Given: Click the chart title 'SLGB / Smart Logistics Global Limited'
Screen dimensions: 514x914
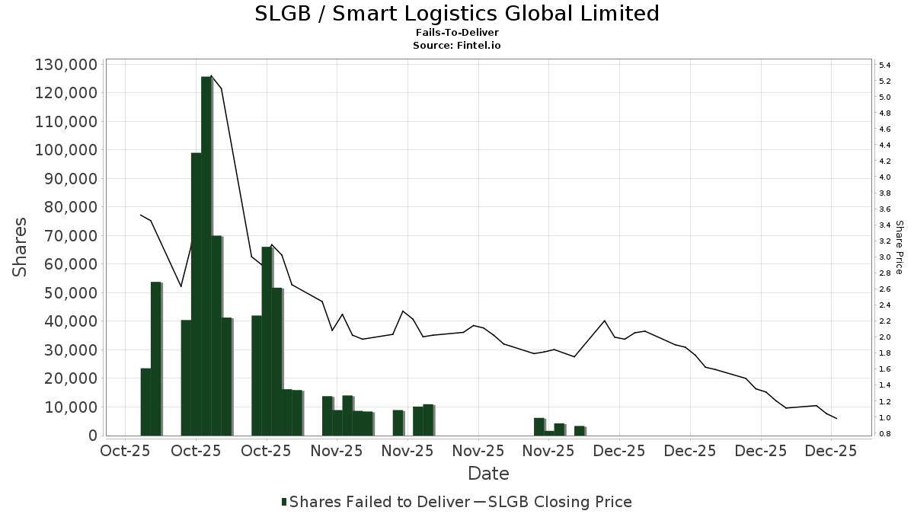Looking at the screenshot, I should (457, 14).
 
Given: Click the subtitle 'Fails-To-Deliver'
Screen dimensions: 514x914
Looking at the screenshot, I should (457, 33).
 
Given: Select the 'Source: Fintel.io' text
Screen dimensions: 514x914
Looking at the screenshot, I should (457, 45).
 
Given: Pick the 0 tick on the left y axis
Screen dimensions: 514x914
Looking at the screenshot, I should (91, 436).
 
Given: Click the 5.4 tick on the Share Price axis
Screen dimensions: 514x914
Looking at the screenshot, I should (885, 65).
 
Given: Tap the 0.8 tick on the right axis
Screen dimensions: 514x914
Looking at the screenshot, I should (885, 434).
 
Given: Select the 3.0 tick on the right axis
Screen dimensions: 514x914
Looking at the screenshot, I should (885, 257).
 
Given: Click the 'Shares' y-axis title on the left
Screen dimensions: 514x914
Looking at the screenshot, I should (21, 247).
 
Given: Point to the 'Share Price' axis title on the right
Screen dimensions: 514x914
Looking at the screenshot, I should (899, 247).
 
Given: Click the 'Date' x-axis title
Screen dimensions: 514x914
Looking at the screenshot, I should (488, 474).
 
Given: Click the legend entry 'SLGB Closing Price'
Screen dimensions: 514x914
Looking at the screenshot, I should (560, 502).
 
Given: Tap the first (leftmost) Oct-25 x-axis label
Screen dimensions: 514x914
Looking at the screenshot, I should (126, 451).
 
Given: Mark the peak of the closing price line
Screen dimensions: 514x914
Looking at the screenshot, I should (211, 75).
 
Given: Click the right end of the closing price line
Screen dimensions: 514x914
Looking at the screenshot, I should (837, 419).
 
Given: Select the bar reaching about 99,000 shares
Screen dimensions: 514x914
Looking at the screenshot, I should (196, 293).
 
